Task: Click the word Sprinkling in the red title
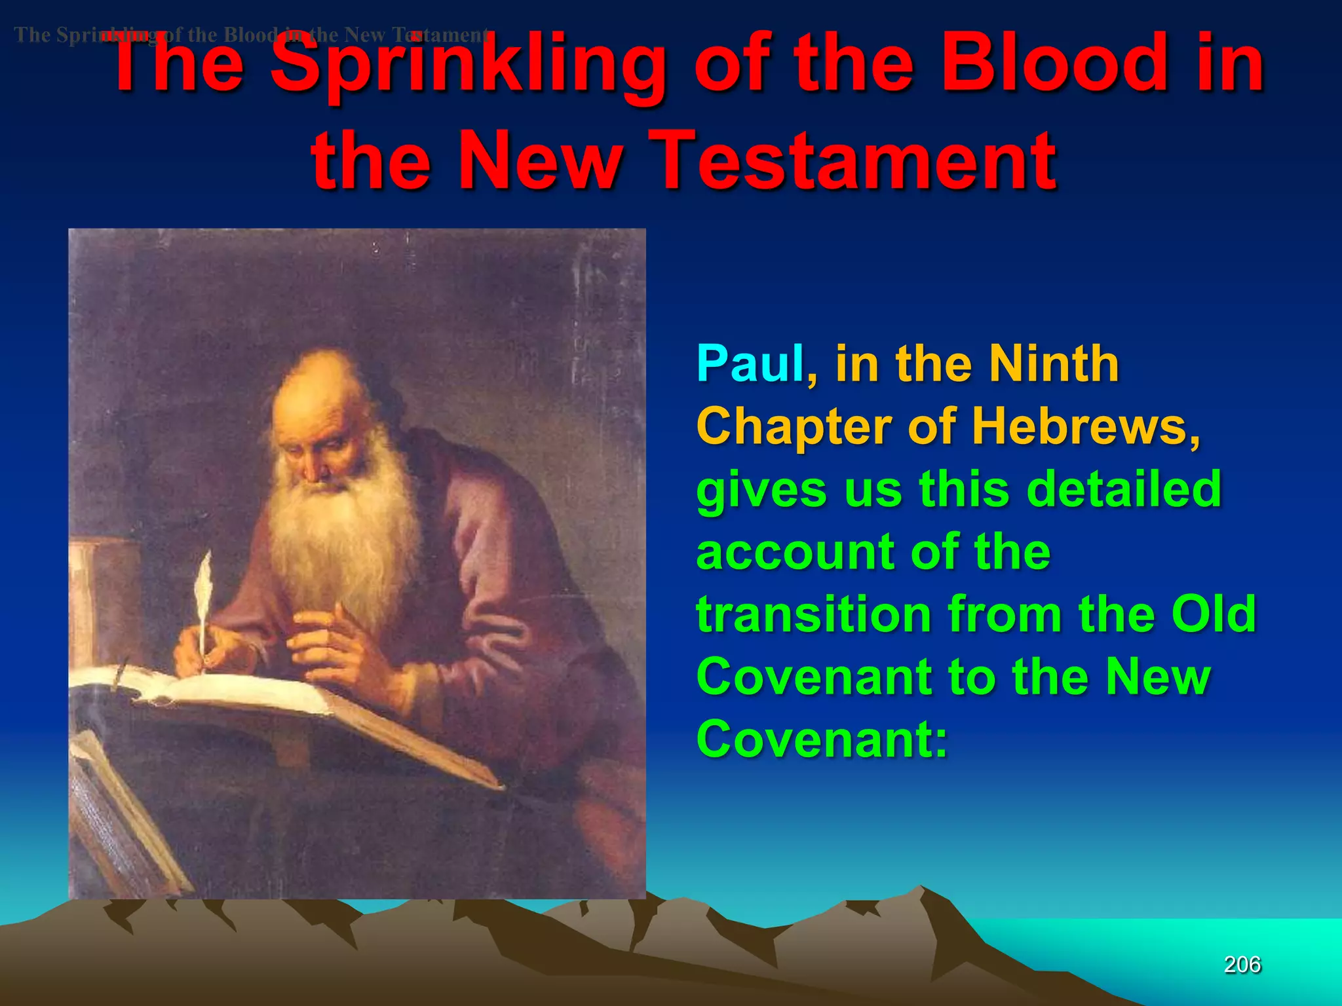click(469, 65)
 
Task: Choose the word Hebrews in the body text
click(1085, 426)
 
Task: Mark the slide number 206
click(1242, 965)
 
